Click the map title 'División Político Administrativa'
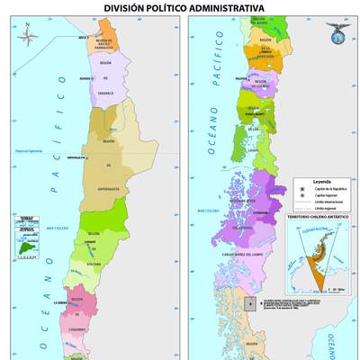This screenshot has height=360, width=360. pos(184,7)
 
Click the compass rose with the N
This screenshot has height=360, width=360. pos(27,39)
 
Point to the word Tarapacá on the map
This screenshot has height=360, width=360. pos(105,91)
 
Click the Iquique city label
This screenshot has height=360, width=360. pos(87,78)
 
